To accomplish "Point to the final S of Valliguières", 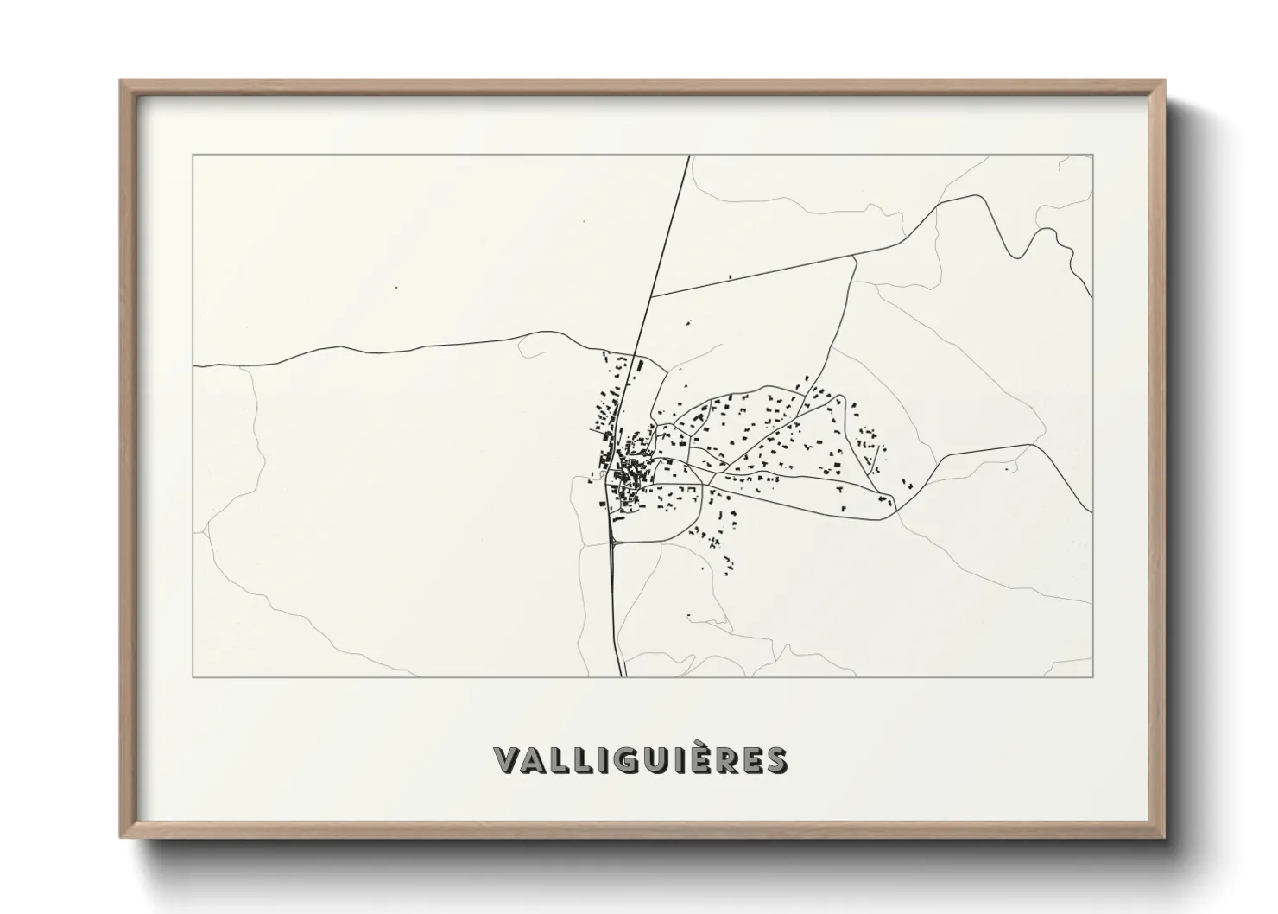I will pyautogui.click(x=775, y=760).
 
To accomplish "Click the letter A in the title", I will pyautogui.click(x=537, y=760).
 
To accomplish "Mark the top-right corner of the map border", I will pyautogui.click(x=1092, y=155).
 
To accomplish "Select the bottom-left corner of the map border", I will pyautogui.click(x=193, y=676).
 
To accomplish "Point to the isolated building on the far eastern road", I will pyautogui.click(x=1006, y=470).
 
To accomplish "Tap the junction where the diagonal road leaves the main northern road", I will pyautogui.click(x=651, y=296).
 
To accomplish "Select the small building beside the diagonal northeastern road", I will pyautogui.click(x=731, y=276).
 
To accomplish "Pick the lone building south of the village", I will pyautogui.click(x=688, y=616).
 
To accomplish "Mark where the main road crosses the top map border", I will pyautogui.click(x=689, y=156).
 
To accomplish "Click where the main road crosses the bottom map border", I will pyautogui.click(x=622, y=676).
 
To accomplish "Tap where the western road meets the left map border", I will pyautogui.click(x=193, y=366).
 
